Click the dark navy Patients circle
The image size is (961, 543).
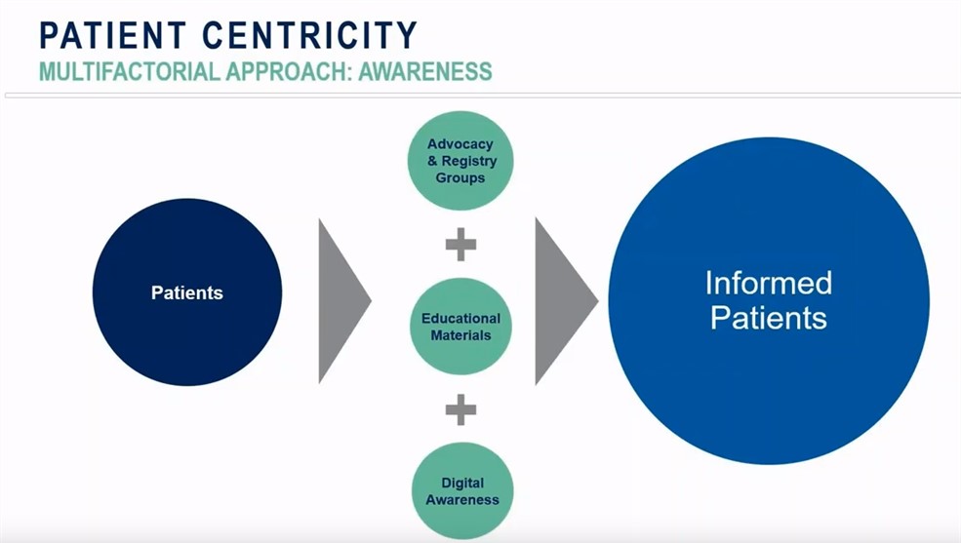(x=187, y=292)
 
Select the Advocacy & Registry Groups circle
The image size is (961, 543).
(x=460, y=161)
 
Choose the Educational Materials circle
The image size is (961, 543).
(x=460, y=327)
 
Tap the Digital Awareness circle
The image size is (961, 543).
(x=462, y=491)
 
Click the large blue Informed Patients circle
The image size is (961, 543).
(x=769, y=300)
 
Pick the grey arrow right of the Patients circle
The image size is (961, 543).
(x=340, y=300)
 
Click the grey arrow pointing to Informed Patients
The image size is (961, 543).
(x=562, y=300)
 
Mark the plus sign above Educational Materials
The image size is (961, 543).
(x=460, y=245)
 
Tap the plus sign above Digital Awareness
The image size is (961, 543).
(x=460, y=409)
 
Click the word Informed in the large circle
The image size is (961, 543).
(x=769, y=284)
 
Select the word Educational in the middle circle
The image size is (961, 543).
(x=460, y=319)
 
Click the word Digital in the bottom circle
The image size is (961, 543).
(x=462, y=484)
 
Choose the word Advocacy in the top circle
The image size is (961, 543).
(x=460, y=144)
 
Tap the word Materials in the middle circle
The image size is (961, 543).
(x=460, y=335)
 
